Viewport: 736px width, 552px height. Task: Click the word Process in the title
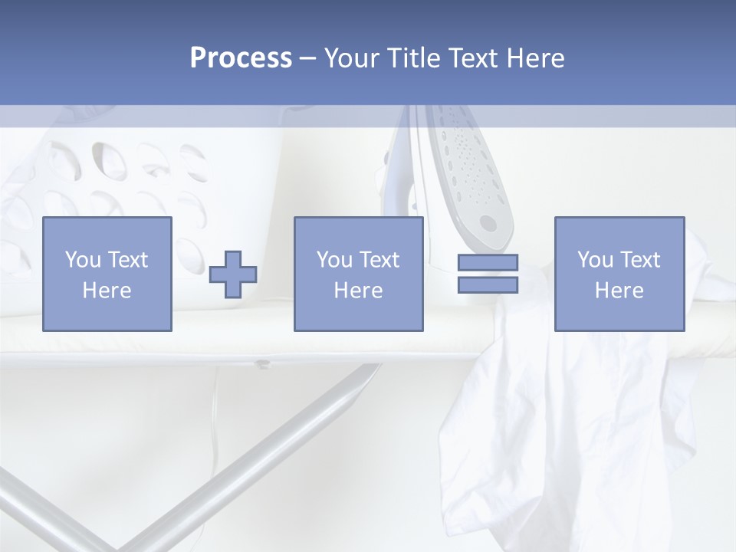click(241, 58)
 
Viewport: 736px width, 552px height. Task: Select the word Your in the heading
click(351, 58)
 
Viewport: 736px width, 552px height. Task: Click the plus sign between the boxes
click(233, 274)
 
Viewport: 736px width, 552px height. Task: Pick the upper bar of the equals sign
click(488, 262)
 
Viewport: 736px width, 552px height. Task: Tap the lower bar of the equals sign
click(488, 284)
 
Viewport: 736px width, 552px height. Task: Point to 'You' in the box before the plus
click(83, 260)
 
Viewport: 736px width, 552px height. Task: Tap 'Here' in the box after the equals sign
click(619, 291)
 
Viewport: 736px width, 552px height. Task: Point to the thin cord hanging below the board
click(215, 414)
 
